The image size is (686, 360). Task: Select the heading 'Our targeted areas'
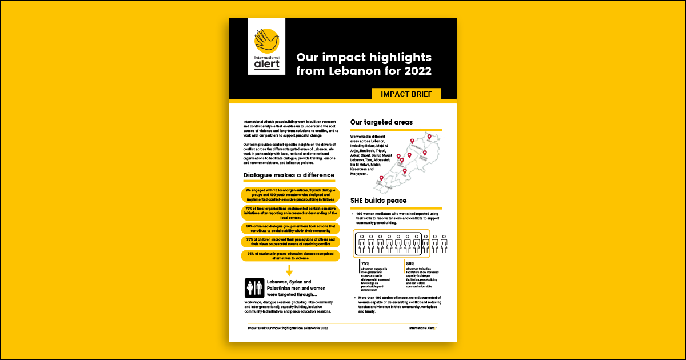(x=381, y=122)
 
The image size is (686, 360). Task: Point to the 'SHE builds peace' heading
(x=378, y=201)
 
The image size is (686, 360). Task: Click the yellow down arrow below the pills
(x=289, y=270)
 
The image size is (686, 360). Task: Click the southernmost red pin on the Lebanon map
(x=381, y=179)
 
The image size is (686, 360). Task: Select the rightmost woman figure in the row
(x=443, y=243)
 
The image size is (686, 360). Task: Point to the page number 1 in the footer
(x=437, y=329)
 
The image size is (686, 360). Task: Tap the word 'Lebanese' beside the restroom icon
(x=281, y=282)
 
